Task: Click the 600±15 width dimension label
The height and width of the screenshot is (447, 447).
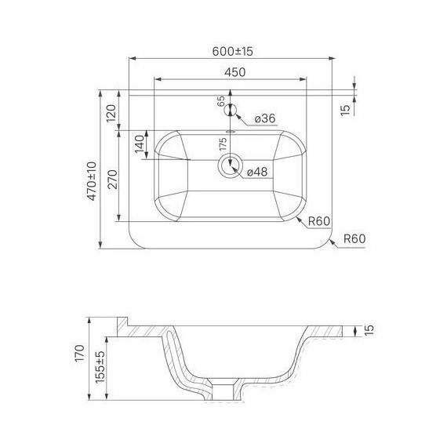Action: tap(232, 51)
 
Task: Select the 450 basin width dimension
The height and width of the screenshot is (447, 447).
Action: tap(234, 72)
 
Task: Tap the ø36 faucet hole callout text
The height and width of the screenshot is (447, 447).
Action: tap(265, 118)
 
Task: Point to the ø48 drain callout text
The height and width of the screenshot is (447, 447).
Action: tap(257, 172)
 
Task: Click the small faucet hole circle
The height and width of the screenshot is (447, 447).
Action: tap(231, 110)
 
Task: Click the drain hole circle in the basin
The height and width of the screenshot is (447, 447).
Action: tap(230, 165)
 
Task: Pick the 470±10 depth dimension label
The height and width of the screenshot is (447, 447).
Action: tap(92, 181)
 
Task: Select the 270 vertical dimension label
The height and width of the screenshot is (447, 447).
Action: tap(113, 179)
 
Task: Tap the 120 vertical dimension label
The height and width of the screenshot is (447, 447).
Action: tap(111, 113)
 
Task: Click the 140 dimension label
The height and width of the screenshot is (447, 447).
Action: tap(140, 144)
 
